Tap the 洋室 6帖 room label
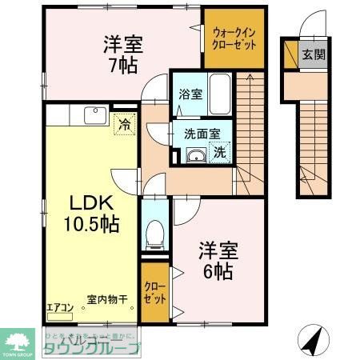pos(216,261)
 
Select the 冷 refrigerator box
pos(124,123)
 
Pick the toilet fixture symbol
pos(155,234)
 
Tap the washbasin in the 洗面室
pos(194,155)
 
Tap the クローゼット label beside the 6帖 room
pos(155,291)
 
